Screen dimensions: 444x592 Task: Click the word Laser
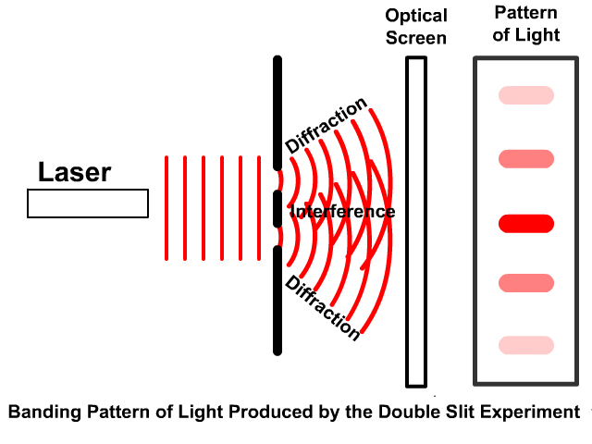coord(74,172)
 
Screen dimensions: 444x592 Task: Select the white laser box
coord(88,203)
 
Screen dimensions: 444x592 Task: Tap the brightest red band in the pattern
coord(526,223)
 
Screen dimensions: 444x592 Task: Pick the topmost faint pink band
coord(526,95)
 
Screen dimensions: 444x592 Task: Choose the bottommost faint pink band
coord(526,345)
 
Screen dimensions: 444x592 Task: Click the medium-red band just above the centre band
coord(526,159)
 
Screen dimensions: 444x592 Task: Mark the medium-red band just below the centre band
coord(526,282)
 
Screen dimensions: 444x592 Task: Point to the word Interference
coord(342,212)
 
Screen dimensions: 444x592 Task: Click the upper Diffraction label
coord(327,126)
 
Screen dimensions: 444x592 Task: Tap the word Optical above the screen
coord(416,17)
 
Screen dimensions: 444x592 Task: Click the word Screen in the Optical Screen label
coord(416,38)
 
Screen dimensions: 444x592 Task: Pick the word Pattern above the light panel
coord(526,13)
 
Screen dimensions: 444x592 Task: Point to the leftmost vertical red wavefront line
coord(166,207)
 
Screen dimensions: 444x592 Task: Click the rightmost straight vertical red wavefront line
coord(259,207)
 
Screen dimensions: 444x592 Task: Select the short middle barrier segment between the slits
coord(277,209)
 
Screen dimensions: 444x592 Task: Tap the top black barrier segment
coord(277,111)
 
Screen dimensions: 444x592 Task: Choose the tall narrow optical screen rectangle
coord(416,222)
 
